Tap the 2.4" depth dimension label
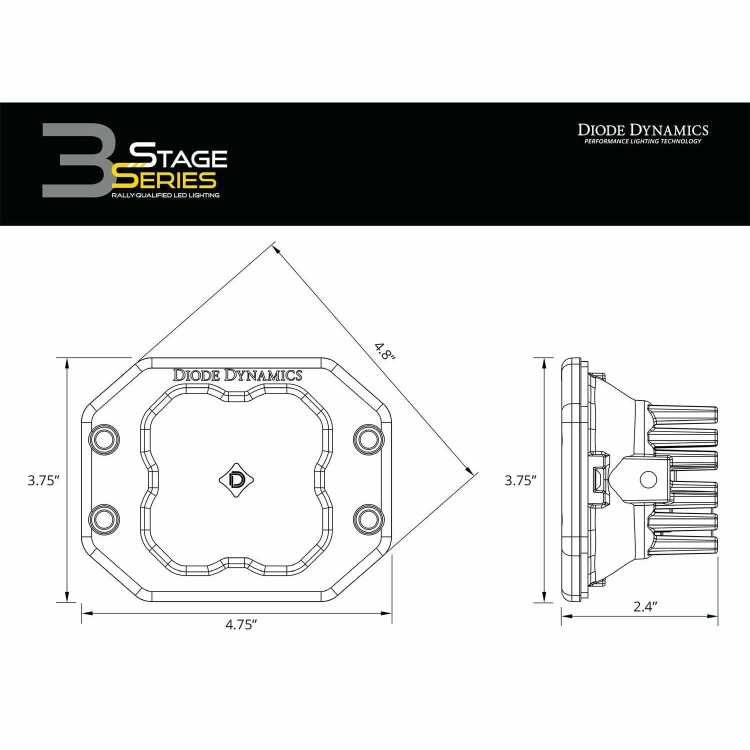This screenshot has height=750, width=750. pyautogui.click(x=644, y=606)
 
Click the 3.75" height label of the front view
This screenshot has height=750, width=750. pyautogui.click(x=44, y=480)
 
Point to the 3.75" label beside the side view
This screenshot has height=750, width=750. pyautogui.click(x=520, y=480)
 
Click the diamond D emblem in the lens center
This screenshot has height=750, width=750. pyautogui.click(x=236, y=479)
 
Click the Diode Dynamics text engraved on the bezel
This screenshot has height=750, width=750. pyautogui.click(x=237, y=375)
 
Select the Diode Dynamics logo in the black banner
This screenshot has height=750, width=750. pyautogui.click(x=643, y=130)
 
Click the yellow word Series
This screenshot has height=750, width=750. pyautogui.click(x=165, y=179)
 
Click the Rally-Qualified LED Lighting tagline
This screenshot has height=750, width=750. pyautogui.click(x=165, y=195)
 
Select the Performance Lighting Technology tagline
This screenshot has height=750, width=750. pyautogui.click(x=643, y=141)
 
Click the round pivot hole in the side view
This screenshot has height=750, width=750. pyautogui.click(x=648, y=479)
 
